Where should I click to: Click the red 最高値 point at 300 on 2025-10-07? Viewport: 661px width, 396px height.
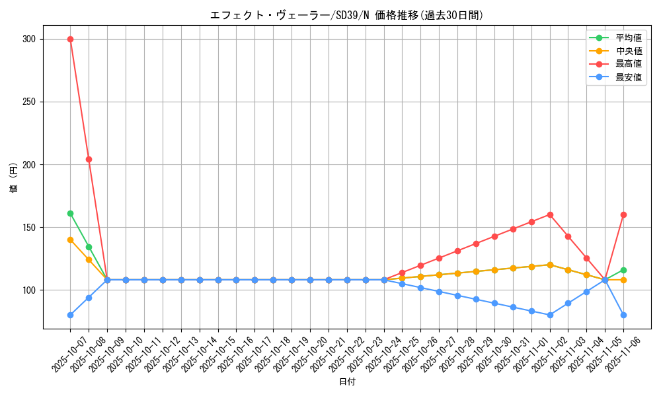[70, 39]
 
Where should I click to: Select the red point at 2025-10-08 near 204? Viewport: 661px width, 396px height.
[89, 159]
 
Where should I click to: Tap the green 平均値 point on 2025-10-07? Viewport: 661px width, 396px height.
[70, 213]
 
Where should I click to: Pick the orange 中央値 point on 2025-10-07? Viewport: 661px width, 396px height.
[70, 240]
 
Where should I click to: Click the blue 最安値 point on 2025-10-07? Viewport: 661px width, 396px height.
[70, 315]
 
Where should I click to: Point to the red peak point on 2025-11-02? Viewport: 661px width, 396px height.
[550, 214]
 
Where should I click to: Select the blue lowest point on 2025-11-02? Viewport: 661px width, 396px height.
[550, 315]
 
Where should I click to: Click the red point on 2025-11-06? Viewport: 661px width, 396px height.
[623, 214]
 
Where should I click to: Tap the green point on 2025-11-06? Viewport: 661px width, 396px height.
[623, 270]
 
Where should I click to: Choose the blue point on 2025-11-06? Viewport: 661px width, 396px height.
[623, 315]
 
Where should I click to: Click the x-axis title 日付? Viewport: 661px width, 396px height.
[347, 382]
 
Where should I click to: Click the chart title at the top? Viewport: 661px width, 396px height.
[347, 15]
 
